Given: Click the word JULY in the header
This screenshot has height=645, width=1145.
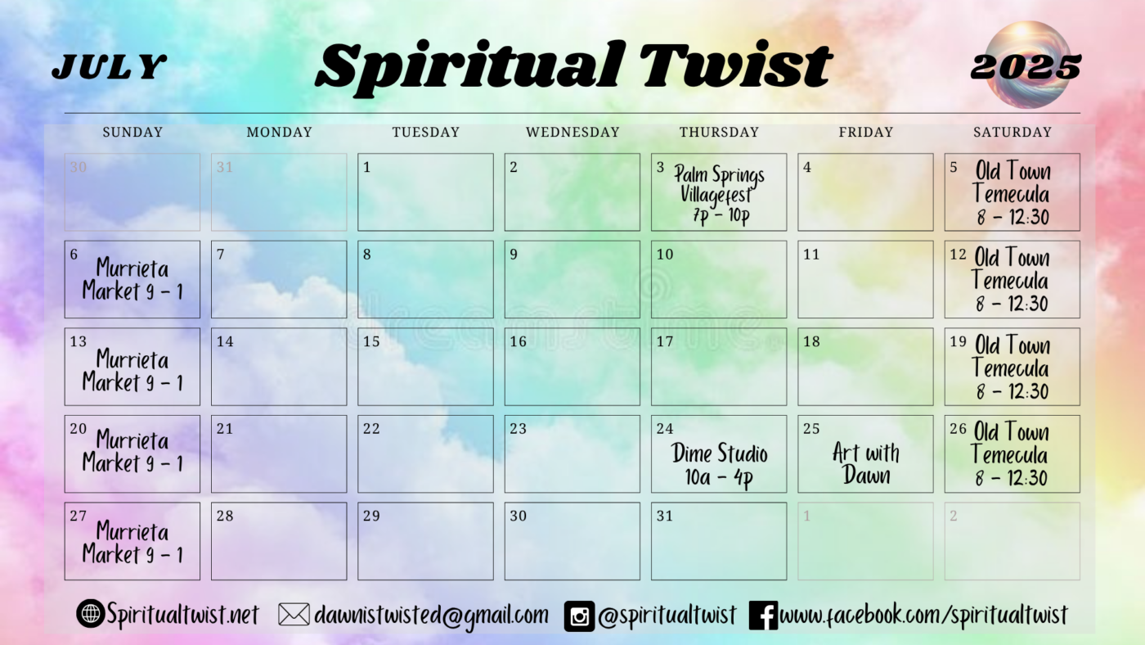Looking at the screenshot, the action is (110, 66).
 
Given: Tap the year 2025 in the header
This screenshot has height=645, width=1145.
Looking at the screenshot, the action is (1026, 67).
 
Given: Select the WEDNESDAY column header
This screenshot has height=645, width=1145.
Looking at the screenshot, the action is (572, 132).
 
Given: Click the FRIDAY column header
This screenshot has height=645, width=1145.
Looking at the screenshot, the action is (866, 132).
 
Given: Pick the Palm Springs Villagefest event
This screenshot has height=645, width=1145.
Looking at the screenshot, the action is (720, 194).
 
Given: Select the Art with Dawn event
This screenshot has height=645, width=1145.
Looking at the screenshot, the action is (866, 464).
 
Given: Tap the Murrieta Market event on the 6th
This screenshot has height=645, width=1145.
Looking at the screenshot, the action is (132, 280).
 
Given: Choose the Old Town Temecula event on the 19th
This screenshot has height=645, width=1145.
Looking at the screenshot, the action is (1011, 368).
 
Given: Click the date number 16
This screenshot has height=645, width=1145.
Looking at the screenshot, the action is (518, 341).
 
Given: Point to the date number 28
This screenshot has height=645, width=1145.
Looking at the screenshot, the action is (225, 516).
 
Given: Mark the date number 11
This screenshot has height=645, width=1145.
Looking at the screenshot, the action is (811, 255).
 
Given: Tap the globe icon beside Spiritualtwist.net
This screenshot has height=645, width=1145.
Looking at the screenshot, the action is (91, 613).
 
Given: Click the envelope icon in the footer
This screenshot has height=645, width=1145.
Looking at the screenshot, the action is (294, 615).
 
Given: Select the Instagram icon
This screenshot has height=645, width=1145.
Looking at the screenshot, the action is (579, 616).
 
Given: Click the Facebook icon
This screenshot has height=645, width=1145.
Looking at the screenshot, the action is (763, 616).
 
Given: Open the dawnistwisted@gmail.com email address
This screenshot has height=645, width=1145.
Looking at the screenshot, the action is (431, 616).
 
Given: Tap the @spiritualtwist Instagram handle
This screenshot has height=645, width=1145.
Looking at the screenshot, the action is (667, 616).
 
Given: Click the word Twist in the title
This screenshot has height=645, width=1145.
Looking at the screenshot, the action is (736, 65).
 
